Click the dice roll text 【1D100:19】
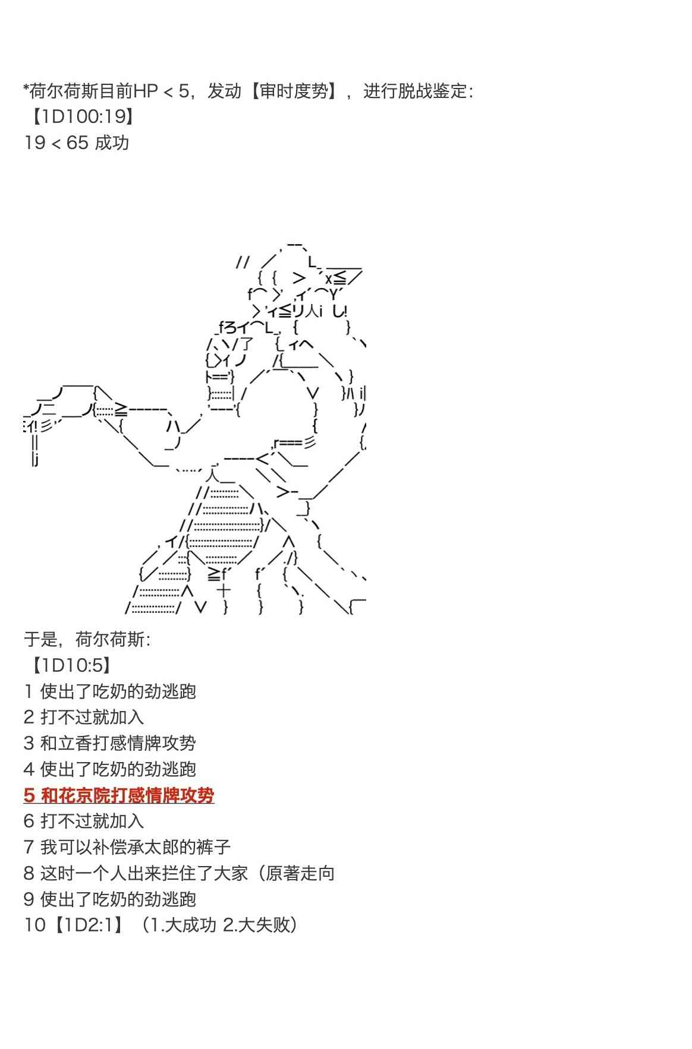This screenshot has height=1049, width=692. [79, 117]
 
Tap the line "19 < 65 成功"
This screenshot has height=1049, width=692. [77, 143]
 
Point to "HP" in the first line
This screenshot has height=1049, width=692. [146, 91]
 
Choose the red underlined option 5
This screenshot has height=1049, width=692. [119, 795]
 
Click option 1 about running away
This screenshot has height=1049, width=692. [110, 691]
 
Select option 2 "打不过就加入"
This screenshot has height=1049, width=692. [84, 717]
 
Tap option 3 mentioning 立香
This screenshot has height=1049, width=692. [110, 743]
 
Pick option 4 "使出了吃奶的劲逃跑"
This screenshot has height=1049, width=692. [110, 769]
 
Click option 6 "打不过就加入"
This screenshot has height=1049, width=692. [84, 821]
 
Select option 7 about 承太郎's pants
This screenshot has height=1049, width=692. [127, 847]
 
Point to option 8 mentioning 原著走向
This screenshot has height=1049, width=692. [179, 873]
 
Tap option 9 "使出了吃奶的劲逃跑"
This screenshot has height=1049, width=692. [110, 899]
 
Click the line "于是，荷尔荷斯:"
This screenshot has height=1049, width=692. [87, 639]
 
